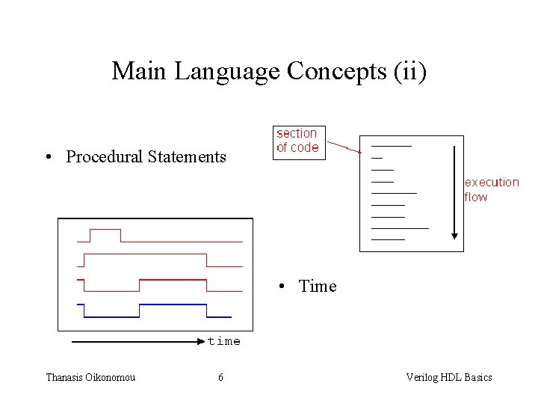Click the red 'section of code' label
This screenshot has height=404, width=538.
(x=297, y=141)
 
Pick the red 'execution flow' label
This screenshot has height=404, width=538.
(x=491, y=190)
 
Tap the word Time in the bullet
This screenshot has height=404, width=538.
(x=318, y=286)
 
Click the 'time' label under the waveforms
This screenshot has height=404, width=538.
(x=224, y=341)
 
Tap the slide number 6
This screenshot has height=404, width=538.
(x=220, y=377)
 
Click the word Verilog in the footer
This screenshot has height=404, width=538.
(x=423, y=377)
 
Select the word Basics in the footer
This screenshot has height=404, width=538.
(x=478, y=377)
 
